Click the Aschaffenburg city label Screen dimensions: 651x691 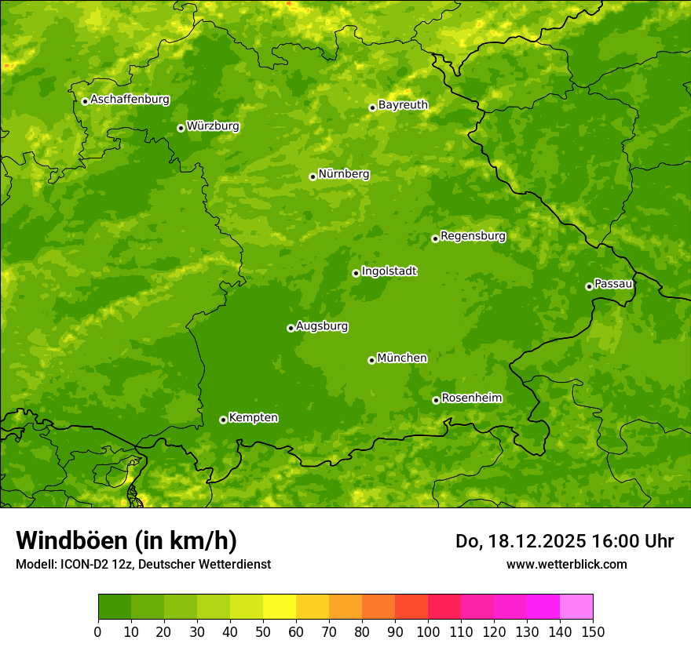tap(130, 100)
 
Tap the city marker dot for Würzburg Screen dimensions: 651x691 tap(181, 128)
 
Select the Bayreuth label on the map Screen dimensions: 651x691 tap(403, 105)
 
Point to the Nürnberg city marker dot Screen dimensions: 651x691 tap(313, 176)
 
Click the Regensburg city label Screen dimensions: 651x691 tap(473, 236)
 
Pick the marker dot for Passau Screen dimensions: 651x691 tap(589, 286)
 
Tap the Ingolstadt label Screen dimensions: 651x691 tap(389, 271)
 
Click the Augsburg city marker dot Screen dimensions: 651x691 tap(291, 328)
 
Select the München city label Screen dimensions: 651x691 tap(402, 358)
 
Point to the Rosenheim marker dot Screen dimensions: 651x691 tap(436, 400)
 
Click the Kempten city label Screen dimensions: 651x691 tap(253, 418)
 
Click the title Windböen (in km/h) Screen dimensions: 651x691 tap(126, 540)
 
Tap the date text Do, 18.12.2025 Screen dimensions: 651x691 tap(518, 541)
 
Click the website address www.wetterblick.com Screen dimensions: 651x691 tap(566, 564)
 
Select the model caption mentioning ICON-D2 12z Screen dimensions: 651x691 tap(143, 565)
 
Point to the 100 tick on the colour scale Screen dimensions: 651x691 tap(428, 631)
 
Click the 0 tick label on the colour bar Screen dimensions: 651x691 tap(98, 631)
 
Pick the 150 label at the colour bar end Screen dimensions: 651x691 tap(593, 631)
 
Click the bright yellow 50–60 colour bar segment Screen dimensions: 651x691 tap(280, 607)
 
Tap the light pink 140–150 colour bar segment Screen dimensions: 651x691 tap(576, 607)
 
